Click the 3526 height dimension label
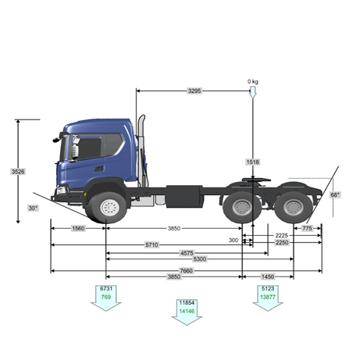(18, 172)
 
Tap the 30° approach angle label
(33, 209)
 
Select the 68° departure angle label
(335, 194)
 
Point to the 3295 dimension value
(194, 91)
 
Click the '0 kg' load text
(253, 81)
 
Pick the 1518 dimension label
(253, 162)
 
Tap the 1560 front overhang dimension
(78, 228)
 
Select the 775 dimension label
(307, 228)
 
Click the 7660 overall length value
(187, 271)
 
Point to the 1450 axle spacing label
(268, 276)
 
